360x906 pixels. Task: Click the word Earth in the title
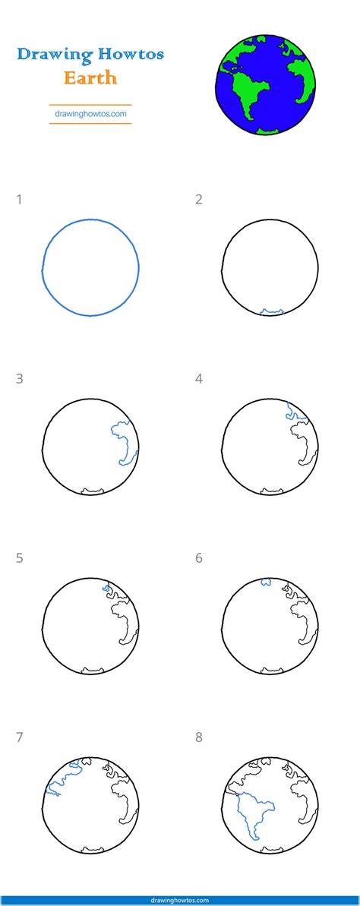[90, 77]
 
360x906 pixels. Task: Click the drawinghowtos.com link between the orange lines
[90, 114]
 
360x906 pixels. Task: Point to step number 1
[20, 200]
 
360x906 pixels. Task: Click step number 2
[199, 200]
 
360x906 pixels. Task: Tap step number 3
[20, 379]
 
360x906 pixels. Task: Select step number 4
[199, 379]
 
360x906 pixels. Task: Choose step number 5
[20, 559]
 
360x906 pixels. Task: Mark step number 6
[199, 559]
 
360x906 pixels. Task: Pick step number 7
[20, 738]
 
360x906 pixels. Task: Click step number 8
[199, 738]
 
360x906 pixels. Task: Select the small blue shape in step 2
[271, 312]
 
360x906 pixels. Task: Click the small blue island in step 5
[106, 589]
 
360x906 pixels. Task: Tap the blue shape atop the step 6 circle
[267, 581]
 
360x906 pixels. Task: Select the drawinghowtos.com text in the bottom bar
[180, 900]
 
